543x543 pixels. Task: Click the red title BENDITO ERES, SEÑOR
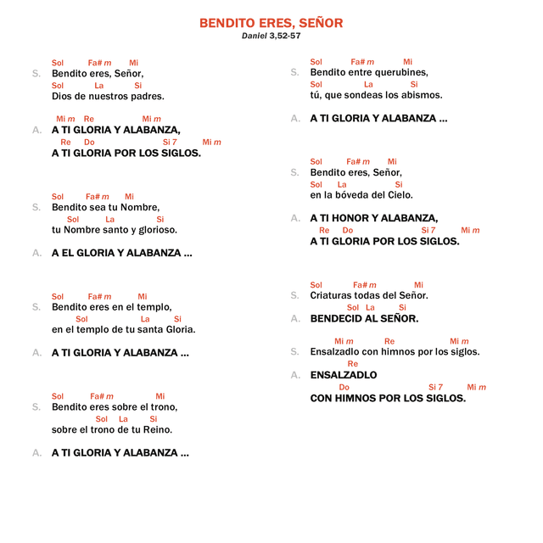tap(271, 23)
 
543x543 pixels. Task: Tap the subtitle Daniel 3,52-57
tap(271, 36)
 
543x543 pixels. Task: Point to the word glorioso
tap(157, 230)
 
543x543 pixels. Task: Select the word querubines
tap(400, 73)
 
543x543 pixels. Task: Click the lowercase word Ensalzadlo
tap(335, 352)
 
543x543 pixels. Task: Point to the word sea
tap(96, 207)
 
